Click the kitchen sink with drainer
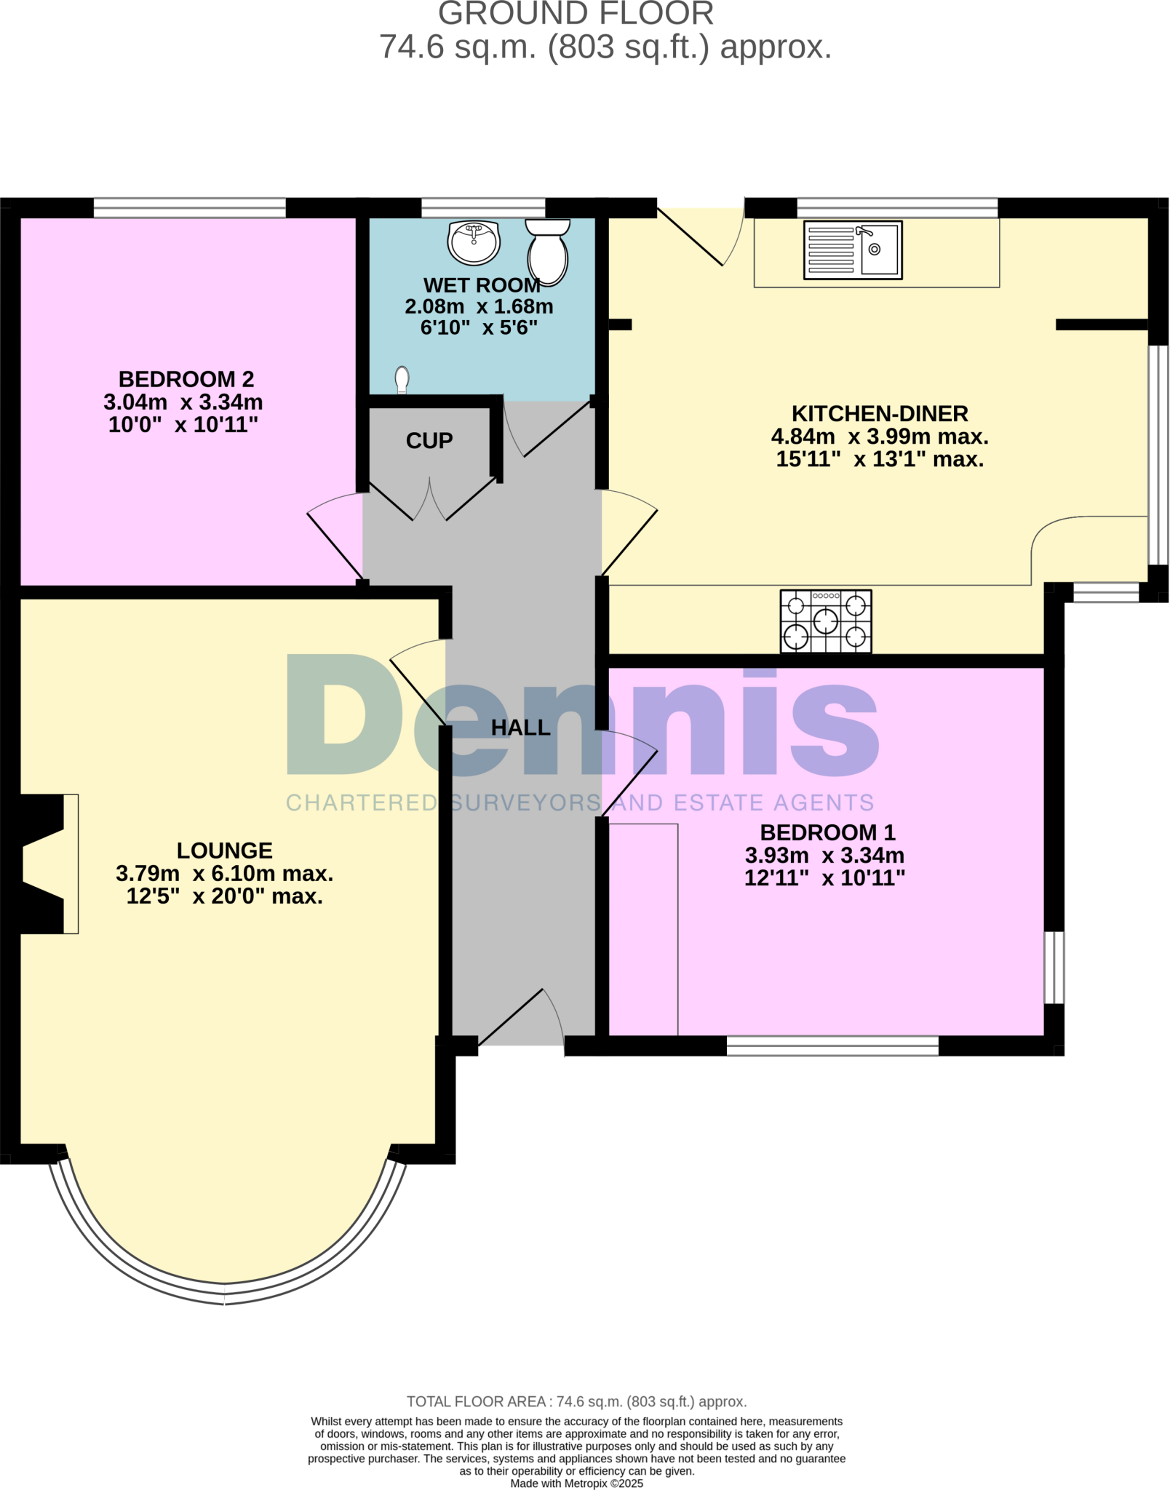(853, 250)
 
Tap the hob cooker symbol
(826, 621)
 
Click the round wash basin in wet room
(474, 242)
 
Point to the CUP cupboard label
(429, 441)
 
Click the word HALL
(520, 728)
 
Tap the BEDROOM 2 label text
(186, 379)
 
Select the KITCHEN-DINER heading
(880, 414)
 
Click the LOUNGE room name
(224, 850)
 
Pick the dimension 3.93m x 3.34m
(824, 855)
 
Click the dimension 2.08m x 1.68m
(479, 306)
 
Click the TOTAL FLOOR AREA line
(576, 1401)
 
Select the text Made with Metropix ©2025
(576, 1483)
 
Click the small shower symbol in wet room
(402, 379)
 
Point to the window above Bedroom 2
(190, 208)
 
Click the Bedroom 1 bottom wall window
(832, 1045)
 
